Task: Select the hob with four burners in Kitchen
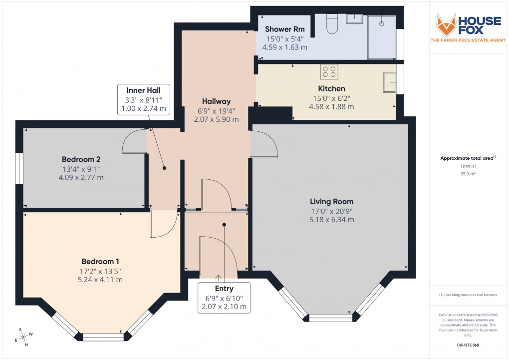point(329,71)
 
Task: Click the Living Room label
point(331,202)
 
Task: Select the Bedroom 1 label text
point(100,261)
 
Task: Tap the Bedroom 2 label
point(81,159)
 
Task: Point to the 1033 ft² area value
point(468,166)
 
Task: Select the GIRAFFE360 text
point(468,345)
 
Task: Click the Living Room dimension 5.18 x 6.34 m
point(331,220)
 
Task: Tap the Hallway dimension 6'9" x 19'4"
point(217,111)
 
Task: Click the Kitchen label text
point(331,88)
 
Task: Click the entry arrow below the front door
point(218,277)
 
